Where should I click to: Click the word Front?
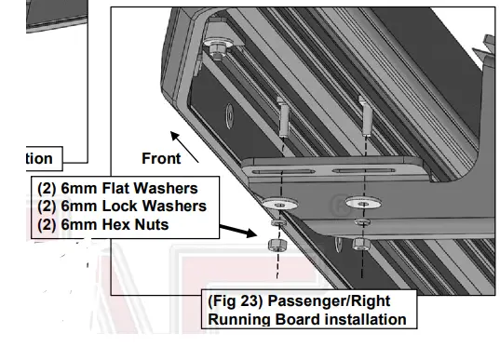(x=161, y=158)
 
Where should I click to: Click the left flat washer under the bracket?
(x=277, y=202)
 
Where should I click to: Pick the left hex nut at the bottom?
(x=277, y=245)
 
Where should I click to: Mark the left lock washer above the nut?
(x=277, y=224)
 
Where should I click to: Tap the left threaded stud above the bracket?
(x=281, y=119)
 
